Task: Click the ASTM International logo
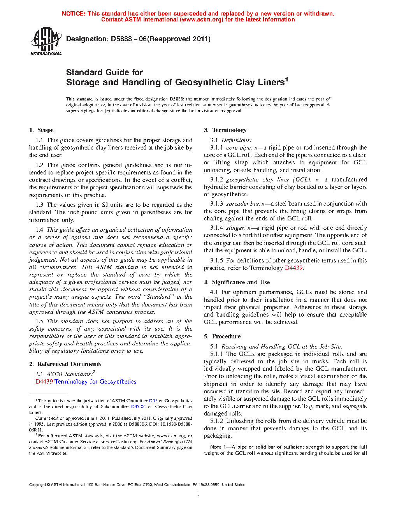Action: pos(46,41)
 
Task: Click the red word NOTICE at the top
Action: pos(73,14)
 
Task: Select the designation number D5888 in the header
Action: pos(121,39)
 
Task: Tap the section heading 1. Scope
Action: pos(41,130)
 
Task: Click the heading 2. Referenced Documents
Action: pos(65,364)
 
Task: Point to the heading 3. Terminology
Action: pos(225,130)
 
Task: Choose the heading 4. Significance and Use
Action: pos(237,282)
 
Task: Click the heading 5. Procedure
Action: pos(222,336)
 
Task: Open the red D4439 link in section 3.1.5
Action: pos(293,268)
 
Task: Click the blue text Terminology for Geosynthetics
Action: pos(95,382)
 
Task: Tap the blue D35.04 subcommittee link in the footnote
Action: pos(138,407)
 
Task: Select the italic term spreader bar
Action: pos(243,204)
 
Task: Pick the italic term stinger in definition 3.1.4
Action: pos(235,228)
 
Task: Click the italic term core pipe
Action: pos(239,148)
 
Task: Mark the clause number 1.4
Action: pos(39,230)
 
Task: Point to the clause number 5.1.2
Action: pos(217,421)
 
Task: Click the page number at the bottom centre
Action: pos(198,494)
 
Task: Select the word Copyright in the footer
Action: pos(37,485)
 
